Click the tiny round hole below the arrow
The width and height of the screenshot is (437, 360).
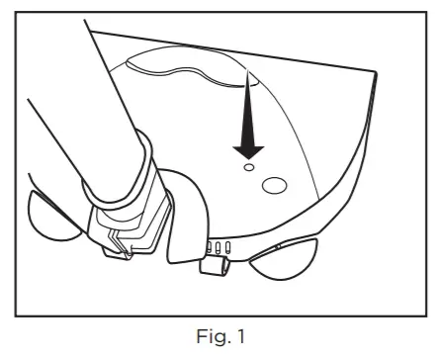[249, 169]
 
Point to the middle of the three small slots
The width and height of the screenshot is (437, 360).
[218, 246]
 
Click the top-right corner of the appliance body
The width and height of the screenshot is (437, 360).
[375, 73]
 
